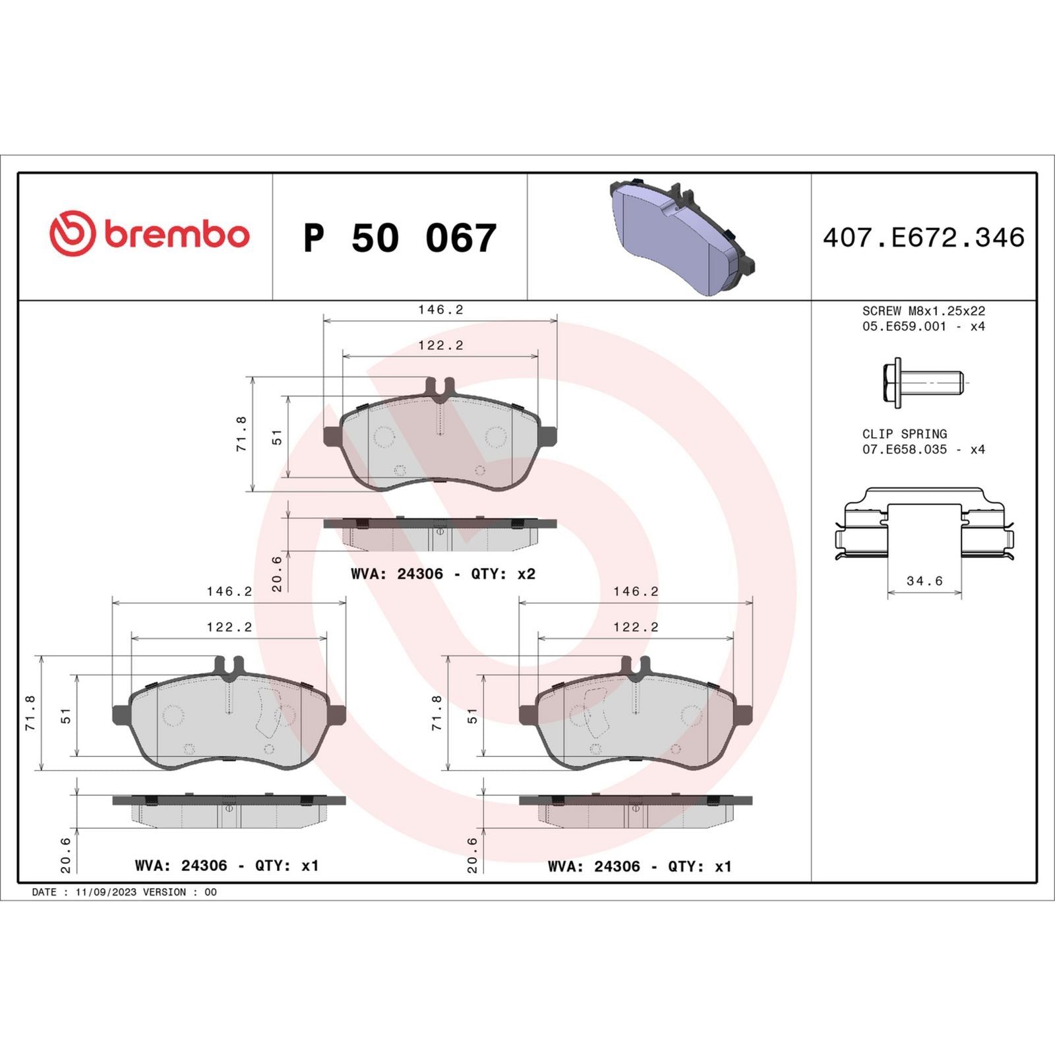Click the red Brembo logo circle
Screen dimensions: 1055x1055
(x=73, y=234)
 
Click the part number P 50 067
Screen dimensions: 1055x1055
(x=400, y=238)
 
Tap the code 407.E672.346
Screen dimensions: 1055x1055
(x=924, y=238)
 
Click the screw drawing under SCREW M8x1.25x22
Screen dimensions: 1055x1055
(x=922, y=382)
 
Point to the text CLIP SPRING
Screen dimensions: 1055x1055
(x=904, y=434)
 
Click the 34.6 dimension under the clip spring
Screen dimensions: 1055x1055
(x=924, y=581)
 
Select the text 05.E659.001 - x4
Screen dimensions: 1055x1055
(x=923, y=326)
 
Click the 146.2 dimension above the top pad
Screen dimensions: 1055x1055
(x=440, y=309)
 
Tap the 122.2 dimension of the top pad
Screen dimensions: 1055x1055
(x=440, y=345)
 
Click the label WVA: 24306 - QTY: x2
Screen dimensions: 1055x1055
(x=442, y=574)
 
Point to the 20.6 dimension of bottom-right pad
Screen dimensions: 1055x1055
(x=472, y=855)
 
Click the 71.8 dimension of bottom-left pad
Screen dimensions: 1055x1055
(x=30, y=712)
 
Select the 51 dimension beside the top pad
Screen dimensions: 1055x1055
(x=277, y=437)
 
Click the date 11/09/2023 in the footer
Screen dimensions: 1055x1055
(x=105, y=892)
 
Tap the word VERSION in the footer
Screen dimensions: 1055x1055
(x=164, y=892)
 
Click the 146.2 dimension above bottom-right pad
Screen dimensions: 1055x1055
(x=636, y=591)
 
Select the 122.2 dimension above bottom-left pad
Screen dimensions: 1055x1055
(x=229, y=627)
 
